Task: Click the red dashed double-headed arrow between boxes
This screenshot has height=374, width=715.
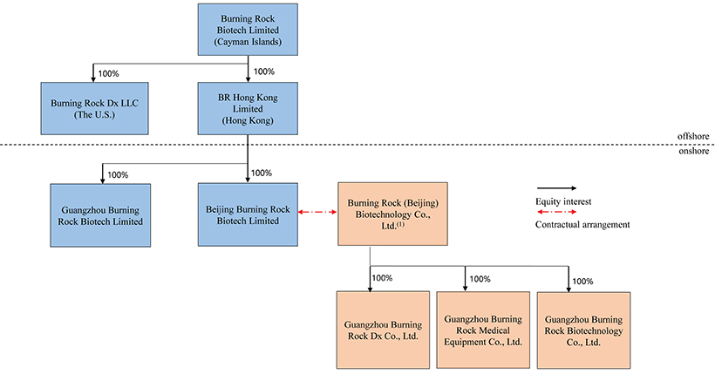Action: (x=317, y=212)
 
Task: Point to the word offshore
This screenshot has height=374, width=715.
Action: (x=692, y=136)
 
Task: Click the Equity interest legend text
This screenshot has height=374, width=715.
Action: (x=563, y=201)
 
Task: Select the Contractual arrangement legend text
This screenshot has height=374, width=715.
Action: (x=582, y=226)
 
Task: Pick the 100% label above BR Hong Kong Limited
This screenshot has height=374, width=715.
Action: (x=263, y=71)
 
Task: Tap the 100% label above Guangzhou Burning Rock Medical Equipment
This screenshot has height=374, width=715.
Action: (x=480, y=279)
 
